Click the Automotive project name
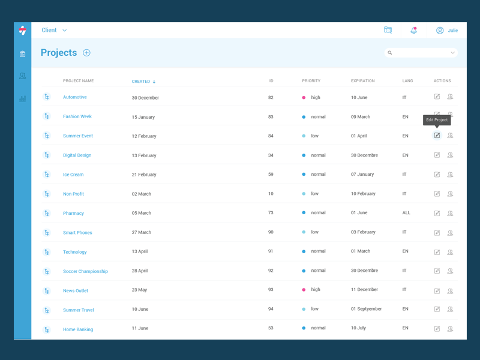point(75,97)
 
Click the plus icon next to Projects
point(86,53)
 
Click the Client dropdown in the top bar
point(54,30)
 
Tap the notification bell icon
point(413,30)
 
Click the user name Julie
point(452,30)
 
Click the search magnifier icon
point(390,53)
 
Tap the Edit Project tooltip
point(437,120)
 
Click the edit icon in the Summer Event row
point(437,136)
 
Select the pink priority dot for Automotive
point(304,97)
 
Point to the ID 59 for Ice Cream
point(271,175)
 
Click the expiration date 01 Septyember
point(366,309)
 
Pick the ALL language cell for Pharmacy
point(406,213)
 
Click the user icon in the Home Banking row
point(450,329)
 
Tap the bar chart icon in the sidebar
point(22,98)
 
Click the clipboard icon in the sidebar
point(22,54)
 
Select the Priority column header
point(311,81)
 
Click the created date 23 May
point(139,290)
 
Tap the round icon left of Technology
point(47,251)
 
